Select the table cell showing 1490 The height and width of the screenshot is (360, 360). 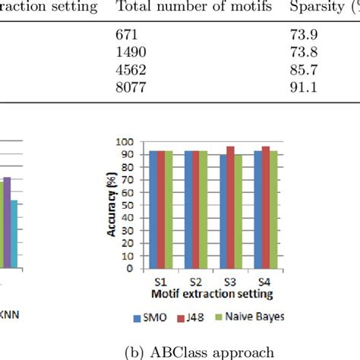coord(131,52)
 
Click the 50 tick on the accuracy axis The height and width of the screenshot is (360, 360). coord(129,206)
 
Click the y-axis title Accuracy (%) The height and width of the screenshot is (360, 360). coord(112,205)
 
